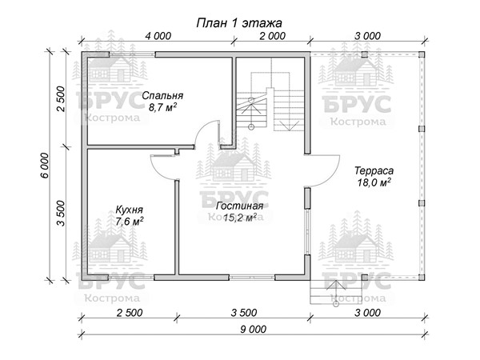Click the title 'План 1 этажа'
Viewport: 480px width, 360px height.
coord(239,23)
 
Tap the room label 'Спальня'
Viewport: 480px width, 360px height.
coord(162,96)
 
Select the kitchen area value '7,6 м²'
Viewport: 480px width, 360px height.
coord(130,221)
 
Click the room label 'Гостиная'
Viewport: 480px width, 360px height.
coord(240,206)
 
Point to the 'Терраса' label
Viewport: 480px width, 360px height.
coord(374,171)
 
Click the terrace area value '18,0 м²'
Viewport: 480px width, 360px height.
coord(374,182)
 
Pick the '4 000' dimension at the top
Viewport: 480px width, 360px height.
coord(158,36)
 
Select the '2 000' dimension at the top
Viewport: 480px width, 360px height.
coord(273,36)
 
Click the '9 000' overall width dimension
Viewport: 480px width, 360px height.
coord(253,329)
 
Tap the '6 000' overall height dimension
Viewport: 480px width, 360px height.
coord(45,166)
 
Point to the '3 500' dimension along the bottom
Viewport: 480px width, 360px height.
coord(244,313)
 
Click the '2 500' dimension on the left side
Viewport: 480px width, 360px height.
coord(62,99)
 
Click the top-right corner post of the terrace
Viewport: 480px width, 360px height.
coord(422,54)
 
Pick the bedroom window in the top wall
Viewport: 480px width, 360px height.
coord(132,54)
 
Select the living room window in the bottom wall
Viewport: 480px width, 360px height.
coord(252,278)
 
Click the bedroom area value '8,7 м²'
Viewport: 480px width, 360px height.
coord(162,108)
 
